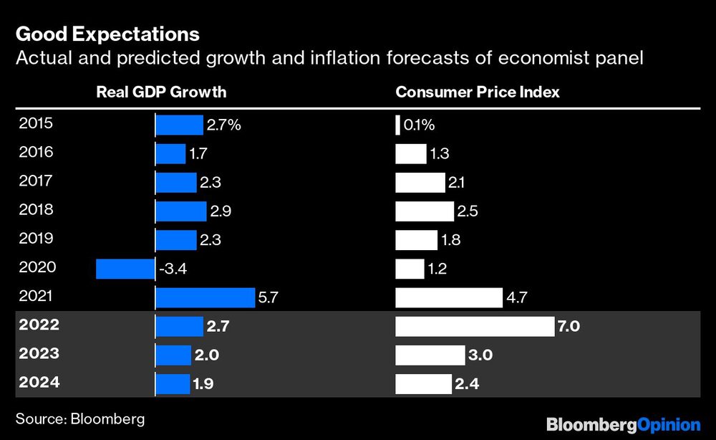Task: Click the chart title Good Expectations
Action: click(x=107, y=34)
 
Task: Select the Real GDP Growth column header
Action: click(x=161, y=92)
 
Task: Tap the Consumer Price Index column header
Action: click(x=478, y=92)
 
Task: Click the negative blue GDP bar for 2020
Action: click(x=125, y=269)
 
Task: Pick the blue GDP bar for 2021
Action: click(x=205, y=297)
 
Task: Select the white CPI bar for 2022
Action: click(x=475, y=327)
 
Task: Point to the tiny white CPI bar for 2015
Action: click(x=397, y=125)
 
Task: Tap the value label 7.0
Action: click(x=568, y=327)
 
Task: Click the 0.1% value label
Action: click(x=420, y=125)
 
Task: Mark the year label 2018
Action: click(x=37, y=210)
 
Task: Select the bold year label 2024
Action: click(x=40, y=383)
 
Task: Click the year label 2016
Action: click(x=37, y=152)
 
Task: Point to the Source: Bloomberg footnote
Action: click(x=80, y=419)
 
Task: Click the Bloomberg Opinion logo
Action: click(x=623, y=424)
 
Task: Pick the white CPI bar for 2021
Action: click(x=449, y=297)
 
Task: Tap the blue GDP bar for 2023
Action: click(x=173, y=355)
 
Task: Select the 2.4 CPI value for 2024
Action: click(x=466, y=385)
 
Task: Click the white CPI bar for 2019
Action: click(x=416, y=240)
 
